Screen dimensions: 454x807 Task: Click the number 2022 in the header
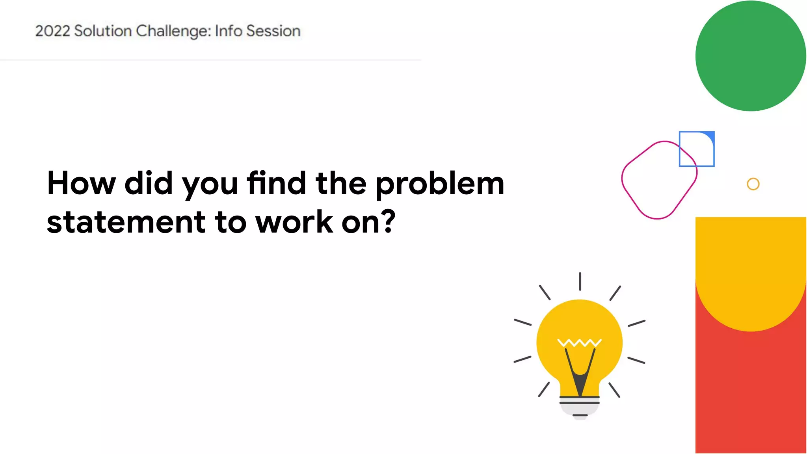52,31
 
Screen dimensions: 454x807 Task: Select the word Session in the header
273,31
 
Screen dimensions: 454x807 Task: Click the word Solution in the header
103,31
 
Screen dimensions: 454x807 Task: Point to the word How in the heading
81,183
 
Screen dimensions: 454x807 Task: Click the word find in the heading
276,183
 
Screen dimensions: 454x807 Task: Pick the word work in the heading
294,222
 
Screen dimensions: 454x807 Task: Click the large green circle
750,56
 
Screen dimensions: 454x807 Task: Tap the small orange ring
753,184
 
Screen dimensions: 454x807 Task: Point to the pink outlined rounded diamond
659,180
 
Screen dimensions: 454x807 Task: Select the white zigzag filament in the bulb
579,342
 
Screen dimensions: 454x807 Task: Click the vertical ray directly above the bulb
580,281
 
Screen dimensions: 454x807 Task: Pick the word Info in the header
228,31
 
